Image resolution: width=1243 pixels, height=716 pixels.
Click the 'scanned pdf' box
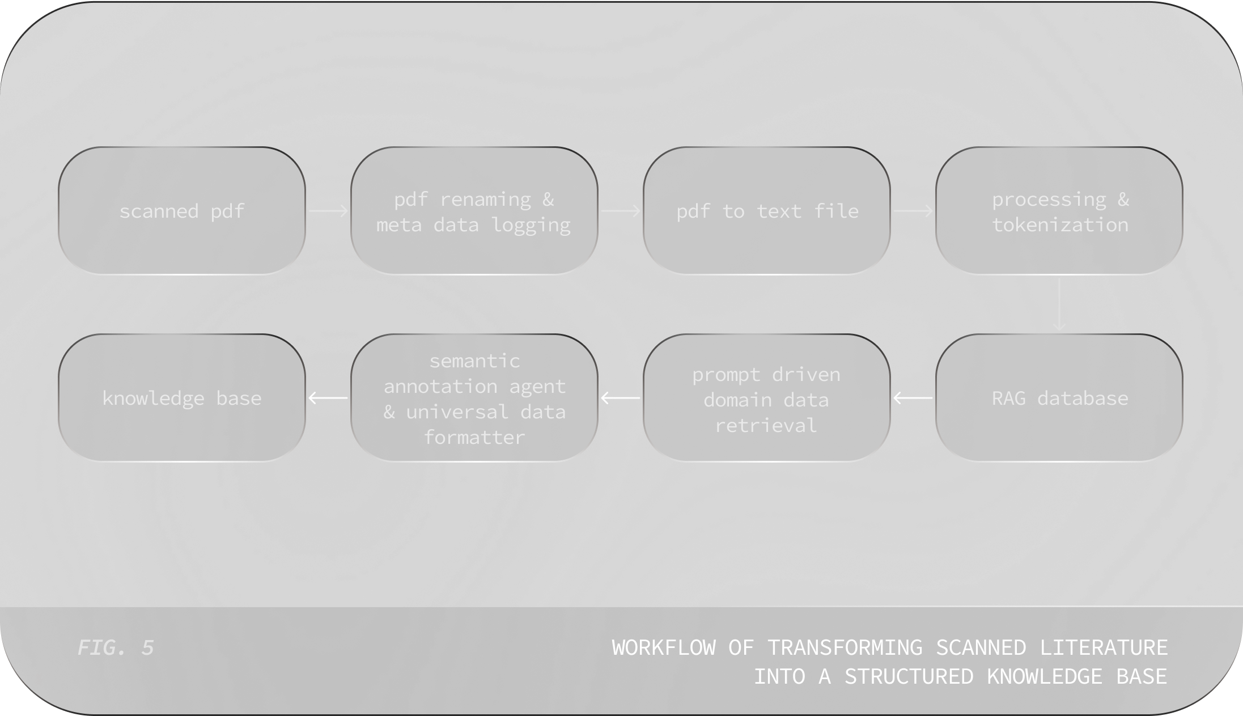point(181,211)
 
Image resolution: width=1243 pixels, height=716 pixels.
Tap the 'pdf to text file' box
point(766,211)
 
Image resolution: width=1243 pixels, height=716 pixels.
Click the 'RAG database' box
point(1059,398)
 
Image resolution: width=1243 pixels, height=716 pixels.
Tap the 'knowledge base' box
point(181,398)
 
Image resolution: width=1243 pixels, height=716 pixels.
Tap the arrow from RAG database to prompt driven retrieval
point(913,398)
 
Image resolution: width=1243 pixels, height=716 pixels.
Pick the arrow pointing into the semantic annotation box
point(621,398)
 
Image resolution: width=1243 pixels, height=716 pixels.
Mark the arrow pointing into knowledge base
point(328,398)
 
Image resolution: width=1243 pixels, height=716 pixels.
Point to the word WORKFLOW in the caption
point(664,647)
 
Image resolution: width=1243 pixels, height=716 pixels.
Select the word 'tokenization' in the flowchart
point(1060,225)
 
